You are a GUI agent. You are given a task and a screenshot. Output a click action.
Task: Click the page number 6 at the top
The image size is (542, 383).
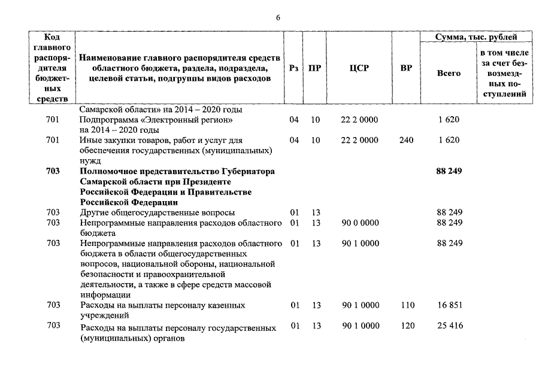pos(278,17)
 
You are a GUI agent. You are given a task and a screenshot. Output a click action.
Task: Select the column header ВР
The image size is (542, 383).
pos(406,68)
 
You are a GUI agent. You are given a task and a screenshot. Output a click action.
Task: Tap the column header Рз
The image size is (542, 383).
pos(293,68)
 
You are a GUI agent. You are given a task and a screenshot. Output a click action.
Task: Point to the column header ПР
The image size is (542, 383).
pos(315,68)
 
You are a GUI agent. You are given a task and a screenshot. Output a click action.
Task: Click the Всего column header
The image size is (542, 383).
pos(449,73)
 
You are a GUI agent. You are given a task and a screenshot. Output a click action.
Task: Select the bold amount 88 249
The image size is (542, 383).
pos(449,171)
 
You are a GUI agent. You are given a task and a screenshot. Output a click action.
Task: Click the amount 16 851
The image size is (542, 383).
pos(449,305)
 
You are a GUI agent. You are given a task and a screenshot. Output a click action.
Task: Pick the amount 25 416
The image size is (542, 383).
pos(449,326)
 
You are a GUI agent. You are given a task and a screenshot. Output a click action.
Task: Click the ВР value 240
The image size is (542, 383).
pos(406,140)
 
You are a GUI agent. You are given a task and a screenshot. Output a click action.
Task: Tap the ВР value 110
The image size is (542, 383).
pos(407,305)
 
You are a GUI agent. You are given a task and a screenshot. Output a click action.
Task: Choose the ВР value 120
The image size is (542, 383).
pos(407,326)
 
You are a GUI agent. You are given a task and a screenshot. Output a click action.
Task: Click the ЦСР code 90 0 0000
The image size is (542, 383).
pos(360,223)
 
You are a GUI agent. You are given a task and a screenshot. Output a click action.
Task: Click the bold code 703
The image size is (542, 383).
pos(53,171)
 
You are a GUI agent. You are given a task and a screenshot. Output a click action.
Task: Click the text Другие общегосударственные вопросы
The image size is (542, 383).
pos(158,212)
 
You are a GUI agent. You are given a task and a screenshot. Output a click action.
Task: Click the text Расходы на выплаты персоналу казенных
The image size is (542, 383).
pos(162,305)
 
